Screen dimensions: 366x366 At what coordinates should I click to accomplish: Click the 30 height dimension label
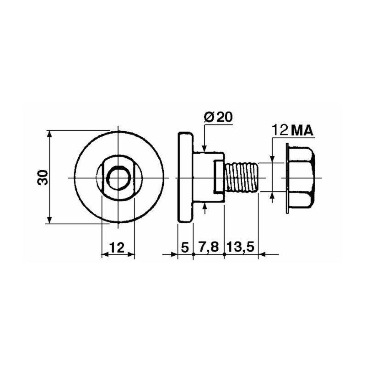tap(43, 178)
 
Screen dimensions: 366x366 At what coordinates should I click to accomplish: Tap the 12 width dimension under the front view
tap(117, 248)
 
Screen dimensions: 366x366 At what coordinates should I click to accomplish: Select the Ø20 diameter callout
tap(219, 118)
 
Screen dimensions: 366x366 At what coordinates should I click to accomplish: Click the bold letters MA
tap(302, 131)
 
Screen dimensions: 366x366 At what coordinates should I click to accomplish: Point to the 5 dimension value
tap(185, 248)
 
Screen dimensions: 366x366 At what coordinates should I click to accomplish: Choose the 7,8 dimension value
tap(209, 248)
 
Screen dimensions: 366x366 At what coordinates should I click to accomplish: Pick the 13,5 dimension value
tap(241, 248)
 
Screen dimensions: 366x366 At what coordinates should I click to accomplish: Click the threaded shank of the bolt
tap(242, 178)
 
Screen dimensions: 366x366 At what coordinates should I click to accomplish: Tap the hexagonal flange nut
tap(300, 178)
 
